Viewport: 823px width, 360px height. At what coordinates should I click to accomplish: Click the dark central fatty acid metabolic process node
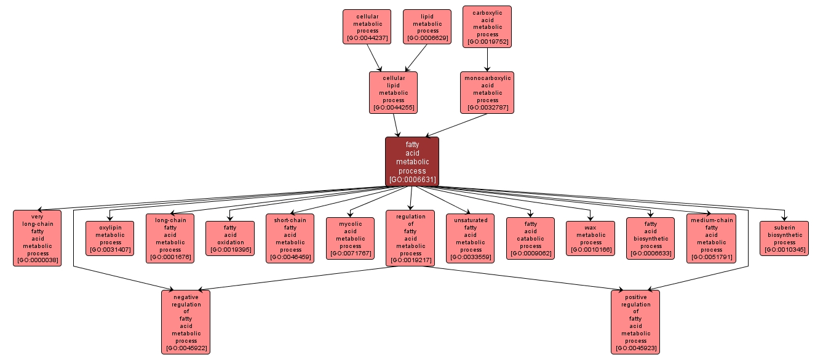411,161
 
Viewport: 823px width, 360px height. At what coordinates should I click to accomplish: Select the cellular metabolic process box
367,27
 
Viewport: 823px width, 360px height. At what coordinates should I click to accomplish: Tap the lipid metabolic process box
427,27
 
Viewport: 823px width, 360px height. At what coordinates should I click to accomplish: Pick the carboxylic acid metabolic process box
487,26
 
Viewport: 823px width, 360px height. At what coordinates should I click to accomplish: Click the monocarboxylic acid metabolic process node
487,92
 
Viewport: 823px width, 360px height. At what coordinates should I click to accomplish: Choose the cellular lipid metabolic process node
393,92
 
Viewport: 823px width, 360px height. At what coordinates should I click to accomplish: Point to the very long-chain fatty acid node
37,238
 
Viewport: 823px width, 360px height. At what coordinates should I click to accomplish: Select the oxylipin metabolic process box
109,238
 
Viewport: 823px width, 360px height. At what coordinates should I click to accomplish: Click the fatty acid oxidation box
230,238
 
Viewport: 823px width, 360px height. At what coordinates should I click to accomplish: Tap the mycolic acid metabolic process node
350,238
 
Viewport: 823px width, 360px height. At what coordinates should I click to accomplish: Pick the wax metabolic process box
590,238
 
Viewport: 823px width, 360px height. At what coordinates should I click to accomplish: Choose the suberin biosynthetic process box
784,238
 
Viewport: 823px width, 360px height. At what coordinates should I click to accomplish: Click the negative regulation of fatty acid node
186,322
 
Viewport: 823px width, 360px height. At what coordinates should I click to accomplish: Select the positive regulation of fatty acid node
635,322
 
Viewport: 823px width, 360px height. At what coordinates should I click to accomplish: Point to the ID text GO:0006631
412,180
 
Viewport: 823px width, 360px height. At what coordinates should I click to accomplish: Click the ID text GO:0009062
531,254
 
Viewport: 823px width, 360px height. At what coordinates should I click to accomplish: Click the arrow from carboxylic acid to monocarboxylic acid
487,60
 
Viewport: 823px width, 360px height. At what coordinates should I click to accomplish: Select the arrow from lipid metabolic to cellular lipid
416,58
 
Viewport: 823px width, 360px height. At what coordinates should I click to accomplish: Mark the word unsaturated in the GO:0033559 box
471,220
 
